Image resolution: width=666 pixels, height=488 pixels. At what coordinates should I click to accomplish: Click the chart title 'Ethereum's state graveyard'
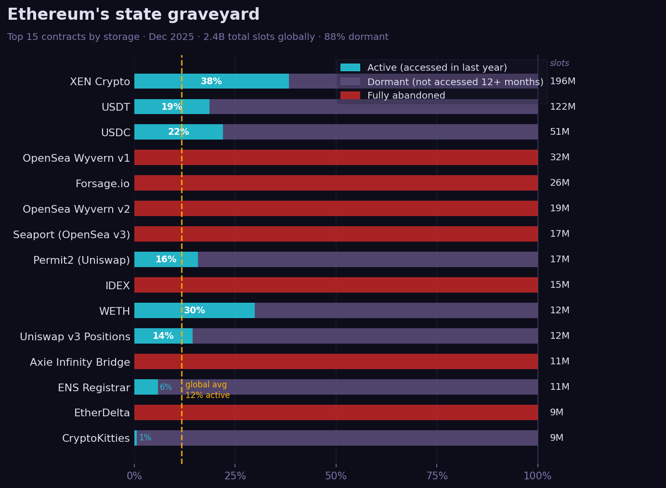click(133, 15)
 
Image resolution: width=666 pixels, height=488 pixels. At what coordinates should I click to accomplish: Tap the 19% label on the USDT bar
click(171, 107)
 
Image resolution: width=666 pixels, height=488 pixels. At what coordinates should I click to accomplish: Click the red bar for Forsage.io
click(336, 183)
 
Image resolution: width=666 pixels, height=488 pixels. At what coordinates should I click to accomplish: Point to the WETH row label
click(115, 311)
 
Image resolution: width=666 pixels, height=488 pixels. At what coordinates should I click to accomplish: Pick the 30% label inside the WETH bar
click(195, 310)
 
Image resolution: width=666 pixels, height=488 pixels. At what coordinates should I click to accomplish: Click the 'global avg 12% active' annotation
click(207, 390)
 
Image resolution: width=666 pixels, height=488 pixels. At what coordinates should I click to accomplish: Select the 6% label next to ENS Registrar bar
click(166, 387)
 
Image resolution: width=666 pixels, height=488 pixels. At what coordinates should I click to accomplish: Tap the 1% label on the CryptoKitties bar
click(145, 438)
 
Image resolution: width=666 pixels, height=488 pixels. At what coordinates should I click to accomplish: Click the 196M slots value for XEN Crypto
click(562, 81)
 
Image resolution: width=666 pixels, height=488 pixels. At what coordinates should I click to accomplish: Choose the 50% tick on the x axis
click(336, 476)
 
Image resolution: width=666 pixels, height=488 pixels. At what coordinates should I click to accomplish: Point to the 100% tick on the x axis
click(537, 476)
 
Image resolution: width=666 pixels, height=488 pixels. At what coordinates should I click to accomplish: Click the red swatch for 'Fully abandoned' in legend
click(350, 96)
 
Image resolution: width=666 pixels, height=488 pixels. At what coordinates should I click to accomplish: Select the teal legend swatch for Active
click(350, 68)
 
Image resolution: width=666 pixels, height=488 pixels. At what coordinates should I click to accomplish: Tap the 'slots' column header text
click(559, 64)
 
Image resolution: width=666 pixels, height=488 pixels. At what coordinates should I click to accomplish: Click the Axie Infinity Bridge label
click(80, 362)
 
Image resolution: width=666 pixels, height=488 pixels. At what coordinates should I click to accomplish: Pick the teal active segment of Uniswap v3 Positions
click(163, 336)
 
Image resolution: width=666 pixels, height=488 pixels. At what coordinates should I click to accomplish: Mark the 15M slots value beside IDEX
click(560, 285)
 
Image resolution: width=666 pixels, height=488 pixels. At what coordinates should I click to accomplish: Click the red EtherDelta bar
click(336, 412)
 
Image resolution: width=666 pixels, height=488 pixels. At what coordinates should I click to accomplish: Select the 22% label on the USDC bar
click(178, 132)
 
